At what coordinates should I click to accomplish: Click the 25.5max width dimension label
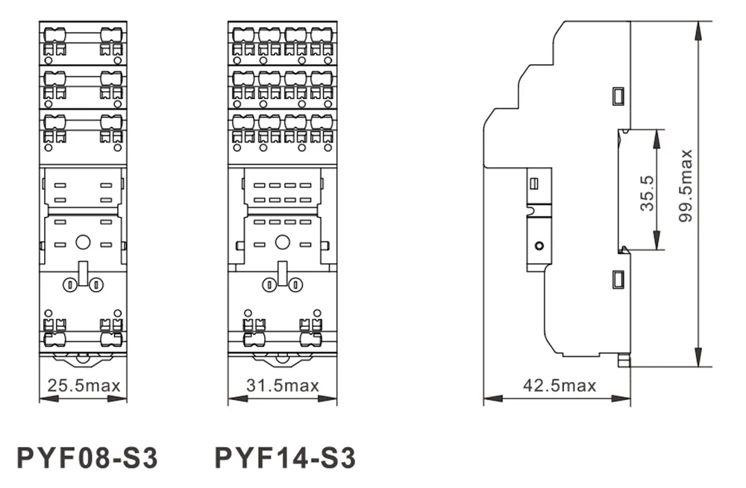click(84, 385)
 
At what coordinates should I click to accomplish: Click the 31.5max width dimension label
click(283, 385)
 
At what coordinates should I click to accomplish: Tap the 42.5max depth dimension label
click(559, 385)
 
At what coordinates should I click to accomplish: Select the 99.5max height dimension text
click(686, 186)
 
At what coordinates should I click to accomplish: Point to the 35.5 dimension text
click(648, 193)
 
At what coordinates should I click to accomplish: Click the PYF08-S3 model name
click(87, 458)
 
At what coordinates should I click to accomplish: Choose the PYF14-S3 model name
click(286, 458)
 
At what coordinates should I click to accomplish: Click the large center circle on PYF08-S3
click(83, 243)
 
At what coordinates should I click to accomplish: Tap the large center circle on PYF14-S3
click(283, 243)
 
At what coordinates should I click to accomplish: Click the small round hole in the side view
click(539, 246)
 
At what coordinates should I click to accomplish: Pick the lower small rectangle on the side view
click(618, 279)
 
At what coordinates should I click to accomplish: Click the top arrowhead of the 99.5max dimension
click(698, 31)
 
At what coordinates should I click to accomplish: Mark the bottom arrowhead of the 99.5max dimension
click(698, 357)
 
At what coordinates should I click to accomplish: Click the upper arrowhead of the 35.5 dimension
click(657, 138)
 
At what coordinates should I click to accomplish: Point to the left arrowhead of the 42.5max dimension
click(493, 398)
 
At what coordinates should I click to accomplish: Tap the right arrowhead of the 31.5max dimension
click(327, 398)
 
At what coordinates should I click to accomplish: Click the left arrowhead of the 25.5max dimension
click(48, 398)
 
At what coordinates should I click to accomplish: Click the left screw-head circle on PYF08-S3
click(70, 285)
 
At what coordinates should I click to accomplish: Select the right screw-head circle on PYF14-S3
click(296, 285)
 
